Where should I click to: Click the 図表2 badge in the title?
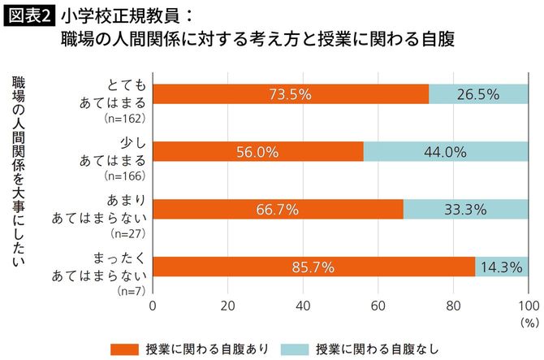coord(24,15)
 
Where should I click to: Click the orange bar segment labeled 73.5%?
coord(290,94)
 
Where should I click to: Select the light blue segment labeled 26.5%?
coord(478,94)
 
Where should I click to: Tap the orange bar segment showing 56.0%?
coord(257,152)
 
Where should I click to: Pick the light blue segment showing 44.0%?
coord(445,152)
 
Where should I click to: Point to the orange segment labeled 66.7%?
coord(278,210)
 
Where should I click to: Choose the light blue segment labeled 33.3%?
coord(465,210)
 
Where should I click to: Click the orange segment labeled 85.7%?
coord(313,267)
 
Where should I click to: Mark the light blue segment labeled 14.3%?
coord(501,267)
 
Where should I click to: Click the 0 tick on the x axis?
coord(153,306)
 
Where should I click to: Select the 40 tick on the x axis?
coord(303,306)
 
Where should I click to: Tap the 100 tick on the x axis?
coord(527,306)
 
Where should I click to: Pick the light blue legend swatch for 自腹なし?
coord(295,348)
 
